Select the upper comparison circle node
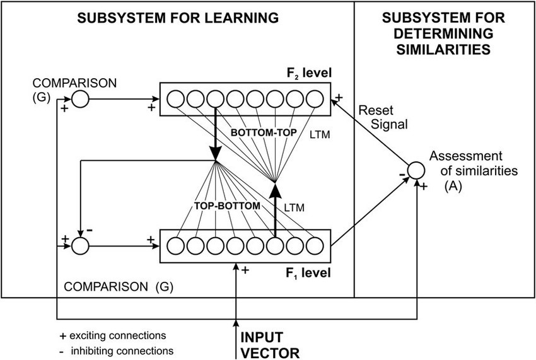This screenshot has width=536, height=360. tap(79, 98)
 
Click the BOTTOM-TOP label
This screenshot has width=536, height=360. tap(259, 134)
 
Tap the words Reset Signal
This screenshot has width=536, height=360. tap(376, 115)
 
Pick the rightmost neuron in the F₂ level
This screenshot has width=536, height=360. tap(313, 98)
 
